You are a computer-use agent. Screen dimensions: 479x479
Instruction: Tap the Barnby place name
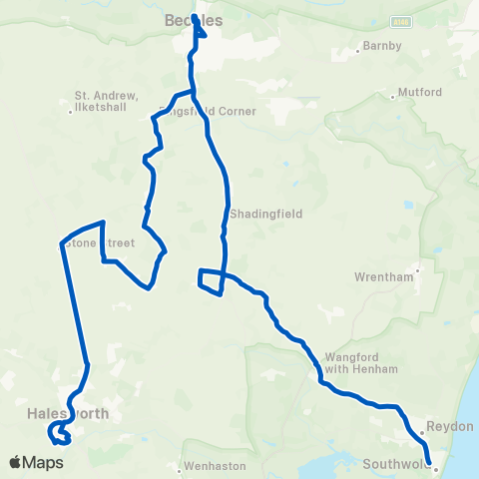click(x=384, y=45)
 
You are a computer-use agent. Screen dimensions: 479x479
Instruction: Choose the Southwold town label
click(x=396, y=463)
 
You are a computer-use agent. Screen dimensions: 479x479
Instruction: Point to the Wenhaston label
click(x=214, y=465)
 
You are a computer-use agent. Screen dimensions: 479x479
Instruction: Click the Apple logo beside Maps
click(x=15, y=462)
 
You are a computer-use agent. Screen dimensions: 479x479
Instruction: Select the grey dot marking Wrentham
click(x=419, y=268)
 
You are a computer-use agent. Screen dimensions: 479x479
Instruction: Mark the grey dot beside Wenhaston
click(x=180, y=465)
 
